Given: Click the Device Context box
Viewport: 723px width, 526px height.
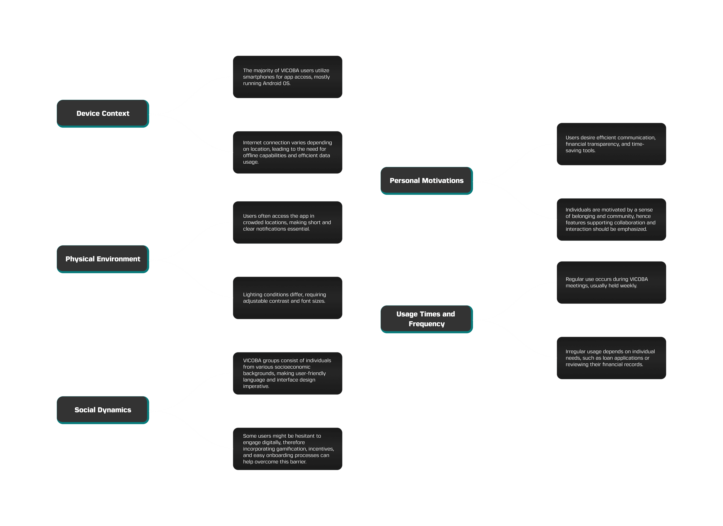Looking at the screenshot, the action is (x=103, y=113).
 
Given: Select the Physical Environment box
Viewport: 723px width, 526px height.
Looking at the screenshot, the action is (x=103, y=259).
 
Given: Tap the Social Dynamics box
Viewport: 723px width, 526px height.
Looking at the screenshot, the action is (x=103, y=410).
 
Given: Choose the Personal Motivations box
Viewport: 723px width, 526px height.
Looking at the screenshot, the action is (x=427, y=181).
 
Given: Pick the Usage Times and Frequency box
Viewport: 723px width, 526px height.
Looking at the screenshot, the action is (x=427, y=319).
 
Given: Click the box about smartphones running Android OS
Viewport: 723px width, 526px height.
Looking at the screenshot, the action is (x=288, y=77).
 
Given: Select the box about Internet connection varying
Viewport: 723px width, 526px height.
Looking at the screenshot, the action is (x=288, y=152).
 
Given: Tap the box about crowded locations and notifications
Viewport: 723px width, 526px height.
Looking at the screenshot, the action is (x=288, y=222).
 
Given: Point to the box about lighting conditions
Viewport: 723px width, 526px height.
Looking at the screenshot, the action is (x=288, y=298).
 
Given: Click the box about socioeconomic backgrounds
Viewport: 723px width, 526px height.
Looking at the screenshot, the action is (x=288, y=373).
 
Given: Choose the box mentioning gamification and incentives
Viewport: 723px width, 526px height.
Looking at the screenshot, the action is (x=288, y=449).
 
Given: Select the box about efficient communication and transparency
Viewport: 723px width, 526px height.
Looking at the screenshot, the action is (x=611, y=144).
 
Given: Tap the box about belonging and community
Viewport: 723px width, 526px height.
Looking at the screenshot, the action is (x=611, y=220).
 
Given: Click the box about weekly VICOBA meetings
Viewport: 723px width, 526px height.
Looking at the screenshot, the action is (x=611, y=283).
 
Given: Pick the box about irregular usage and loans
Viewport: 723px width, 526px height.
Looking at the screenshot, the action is (x=611, y=358).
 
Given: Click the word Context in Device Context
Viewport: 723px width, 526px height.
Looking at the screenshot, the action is (x=115, y=113).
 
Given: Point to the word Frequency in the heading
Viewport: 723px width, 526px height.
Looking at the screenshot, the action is (x=427, y=324).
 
